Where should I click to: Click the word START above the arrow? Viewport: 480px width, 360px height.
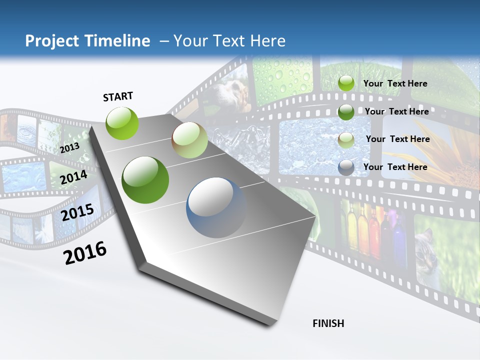tap(118, 96)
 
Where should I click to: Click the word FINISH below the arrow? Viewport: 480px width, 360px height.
tap(328, 323)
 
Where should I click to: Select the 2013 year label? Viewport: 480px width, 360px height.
tap(69, 147)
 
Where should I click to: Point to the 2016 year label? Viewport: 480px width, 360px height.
tap(85, 252)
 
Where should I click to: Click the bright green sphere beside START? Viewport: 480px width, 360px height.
tap(122, 123)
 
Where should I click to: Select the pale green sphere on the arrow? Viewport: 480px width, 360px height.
tap(189, 140)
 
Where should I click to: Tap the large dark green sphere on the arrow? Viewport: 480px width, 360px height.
tap(145, 180)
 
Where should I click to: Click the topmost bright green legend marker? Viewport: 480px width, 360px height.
tap(346, 83)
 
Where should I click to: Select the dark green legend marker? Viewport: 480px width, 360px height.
tap(346, 112)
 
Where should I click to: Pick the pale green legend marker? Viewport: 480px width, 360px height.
tap(346, 139)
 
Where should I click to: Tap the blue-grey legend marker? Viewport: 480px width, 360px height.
tap(346, 167)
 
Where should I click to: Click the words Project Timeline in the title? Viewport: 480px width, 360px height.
tap(87, 41)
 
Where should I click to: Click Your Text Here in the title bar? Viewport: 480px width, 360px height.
tap(229, 41)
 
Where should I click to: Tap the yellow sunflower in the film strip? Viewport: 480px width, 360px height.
tap(455, 155)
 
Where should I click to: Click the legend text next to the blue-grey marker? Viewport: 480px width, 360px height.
tap(395, 167)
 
